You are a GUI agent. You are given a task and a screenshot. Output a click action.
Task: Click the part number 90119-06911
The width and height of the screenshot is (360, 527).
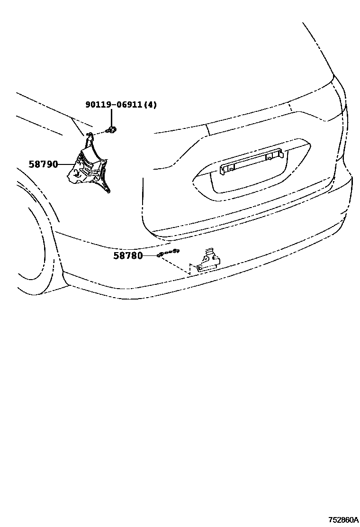pyautogui.click(x=114, y=104)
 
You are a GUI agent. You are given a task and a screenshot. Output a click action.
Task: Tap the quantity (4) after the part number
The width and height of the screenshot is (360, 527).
pyautogui.click(x=150, y=104)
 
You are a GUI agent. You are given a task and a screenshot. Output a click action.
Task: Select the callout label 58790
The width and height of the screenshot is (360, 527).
pyautogui.click(x=43, y=164)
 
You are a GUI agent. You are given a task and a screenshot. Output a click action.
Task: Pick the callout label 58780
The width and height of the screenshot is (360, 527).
pyautogui.click(x=128, y=256)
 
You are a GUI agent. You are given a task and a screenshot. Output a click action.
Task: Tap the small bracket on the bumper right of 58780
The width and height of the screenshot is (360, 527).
pyautogui.click(x=208, y=263)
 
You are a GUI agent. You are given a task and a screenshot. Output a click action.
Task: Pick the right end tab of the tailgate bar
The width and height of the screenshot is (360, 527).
pyautogui.click(x=279, y=153)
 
